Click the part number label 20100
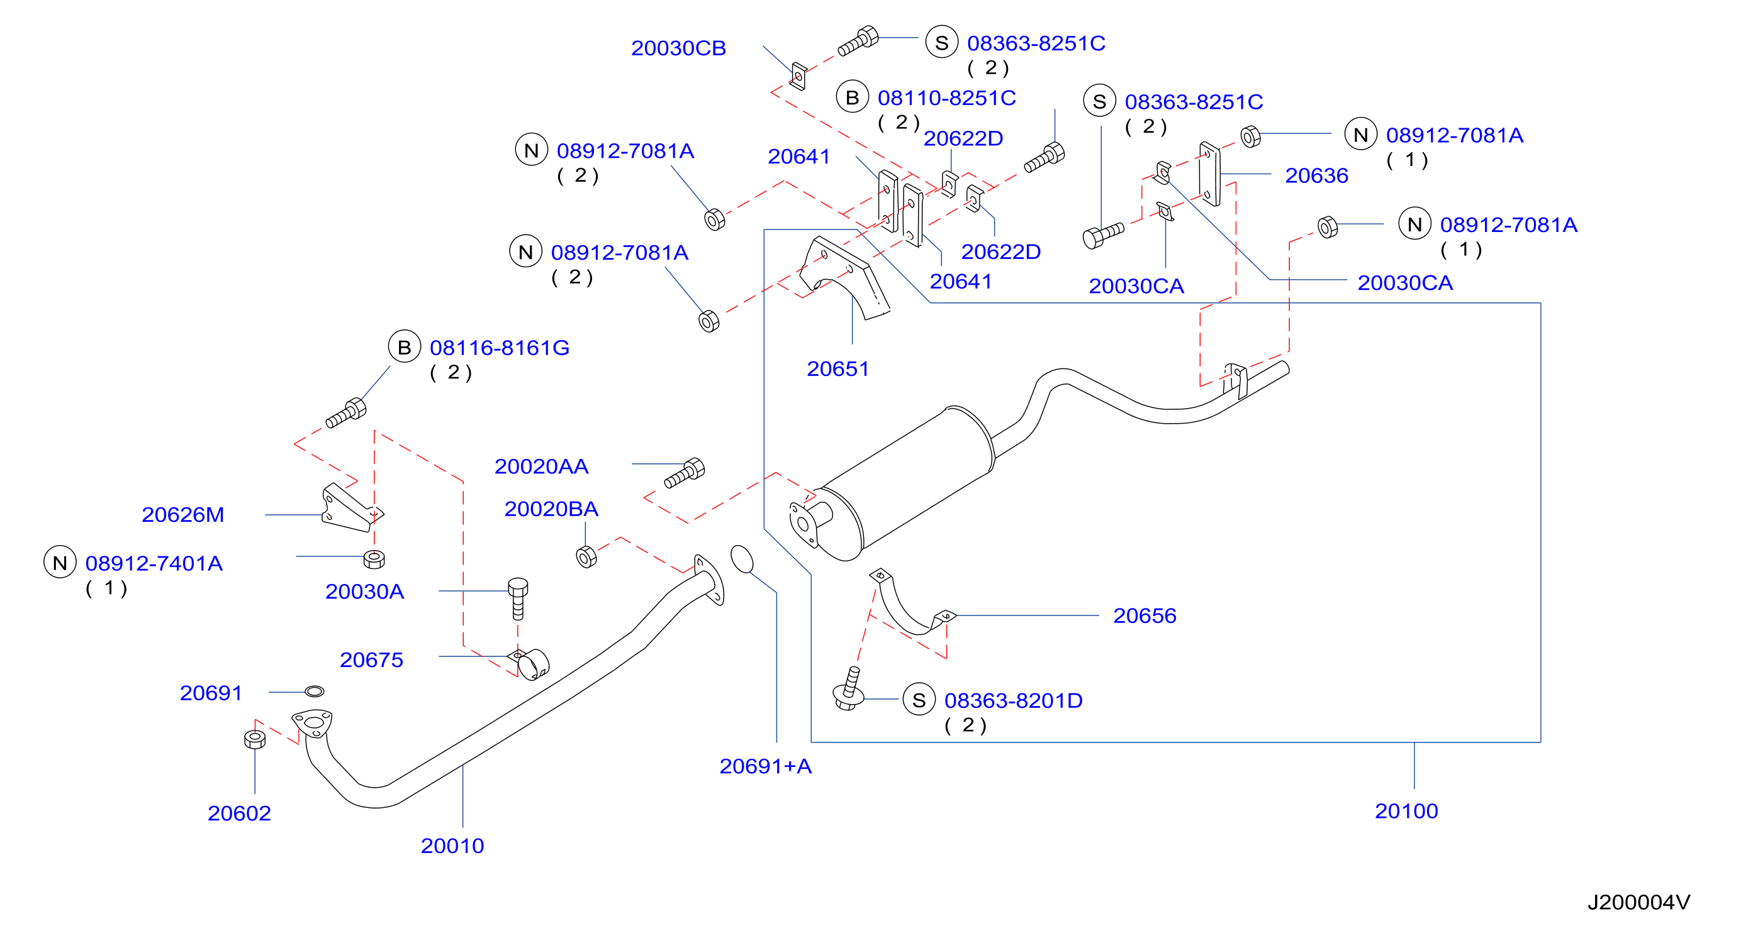(x=1406, y=811)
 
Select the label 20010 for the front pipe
(x=452, y=846)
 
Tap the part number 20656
(x=1145, y=616)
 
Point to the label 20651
(x=837, y=369)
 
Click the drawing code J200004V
(x=1638, y=902)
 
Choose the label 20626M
(x=183, y=515)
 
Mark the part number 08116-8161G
(x=500, y=348)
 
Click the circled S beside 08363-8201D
(x=919, y=700)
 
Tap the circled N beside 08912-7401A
(x=60, y=562)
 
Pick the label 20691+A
(x=766, y=766)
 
